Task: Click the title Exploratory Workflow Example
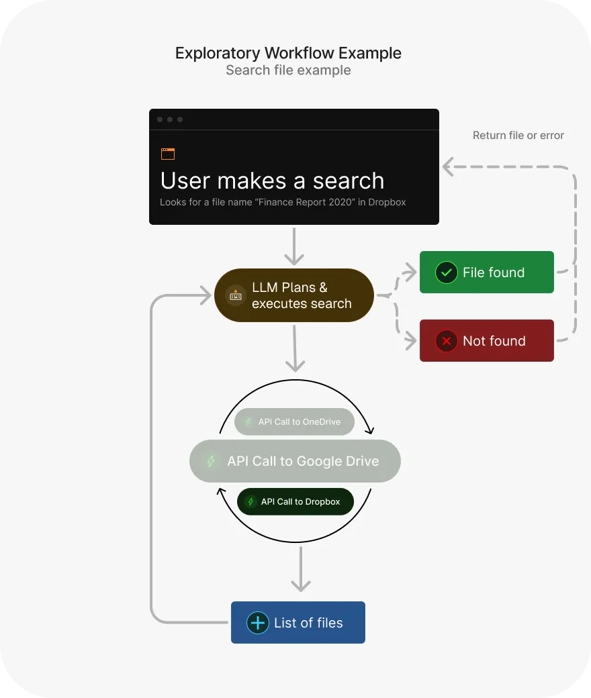click(x=288, y=53)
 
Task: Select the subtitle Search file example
click(x=288, y=70)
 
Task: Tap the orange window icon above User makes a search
click(x=168, y=154)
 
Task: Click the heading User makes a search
click(x=272, y=181)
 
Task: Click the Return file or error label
click(x=518, y=136)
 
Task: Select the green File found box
click(x=486, y=272)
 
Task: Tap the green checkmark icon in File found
click(x=446, y=272)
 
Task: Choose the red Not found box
click(x=486, y=341)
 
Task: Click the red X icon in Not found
click(x=446, y=341)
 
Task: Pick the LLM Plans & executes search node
click(x=294, y=295)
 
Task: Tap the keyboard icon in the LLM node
click(x=235, y=295)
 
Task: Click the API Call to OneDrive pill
click(x=294, y=422)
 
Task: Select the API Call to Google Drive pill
click(x=295, y=461)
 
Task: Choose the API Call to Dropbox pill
click(x=295, y=501)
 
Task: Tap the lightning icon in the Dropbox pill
click(x=251, y=501)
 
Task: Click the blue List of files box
click(x=298, y=623)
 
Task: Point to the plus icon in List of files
click(x=257, y=623)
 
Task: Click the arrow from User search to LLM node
click(x=294, y=246)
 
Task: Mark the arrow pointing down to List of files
click(x=300, y=568)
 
